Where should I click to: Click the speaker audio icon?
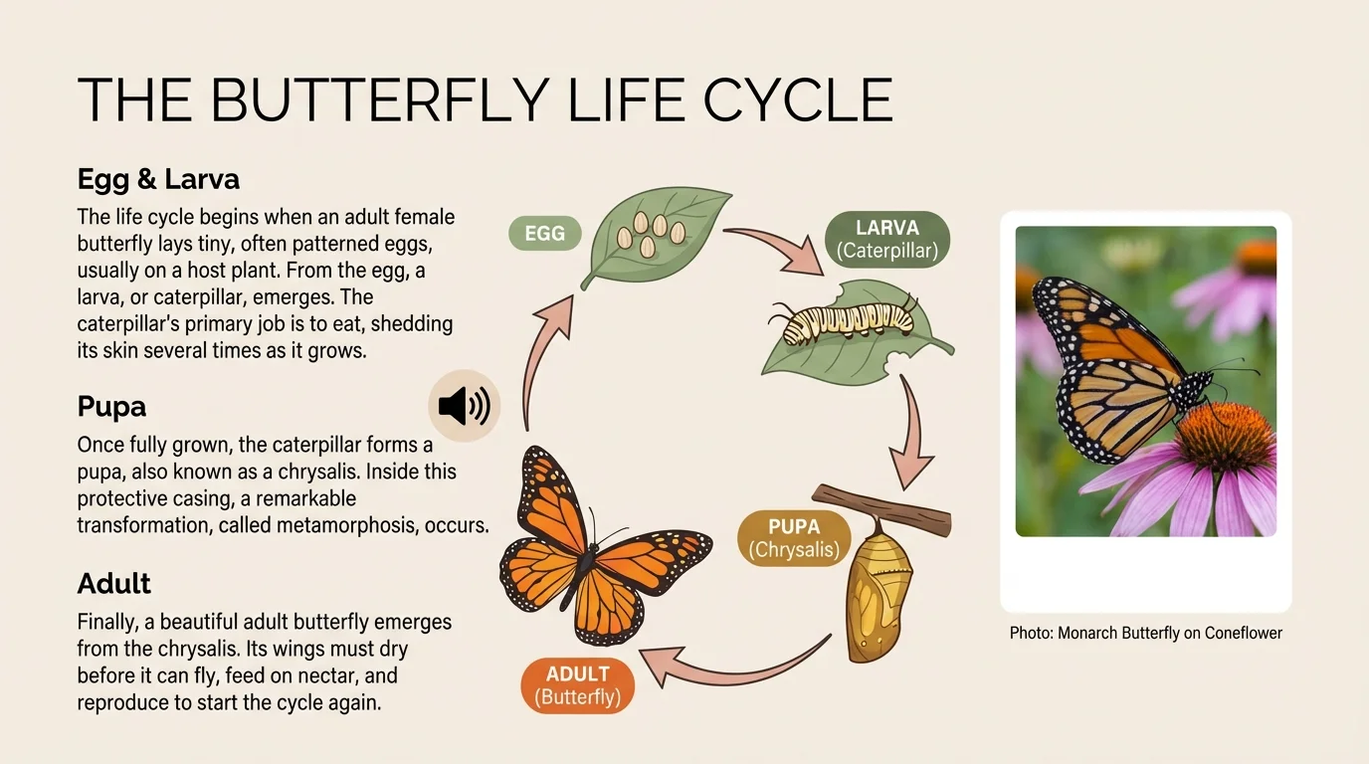coord(464,406)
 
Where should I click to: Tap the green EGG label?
coord(544,234)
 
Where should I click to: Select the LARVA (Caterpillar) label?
coord(887,240)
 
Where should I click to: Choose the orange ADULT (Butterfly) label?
coord(577,685)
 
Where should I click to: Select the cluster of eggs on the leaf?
coord(652,235)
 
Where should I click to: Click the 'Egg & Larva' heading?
coord(158,179)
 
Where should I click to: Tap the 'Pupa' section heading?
coord(111,406)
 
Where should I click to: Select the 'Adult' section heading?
coord(113,583)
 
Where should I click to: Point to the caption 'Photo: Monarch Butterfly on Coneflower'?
coord(1145,633)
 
